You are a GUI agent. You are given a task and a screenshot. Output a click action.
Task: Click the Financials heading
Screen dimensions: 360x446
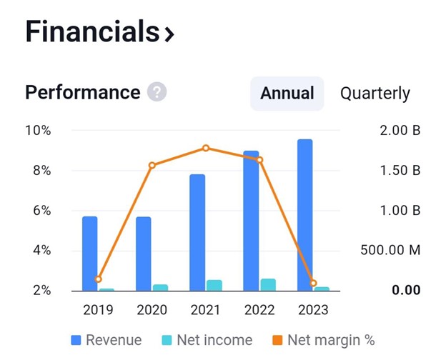pos(91,32)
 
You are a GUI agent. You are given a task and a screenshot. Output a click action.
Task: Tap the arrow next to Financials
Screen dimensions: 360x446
pos(169,34)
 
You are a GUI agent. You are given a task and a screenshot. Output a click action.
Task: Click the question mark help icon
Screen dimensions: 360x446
pos(157,93)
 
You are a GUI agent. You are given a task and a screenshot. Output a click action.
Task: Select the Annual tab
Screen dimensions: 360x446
pos(287,94)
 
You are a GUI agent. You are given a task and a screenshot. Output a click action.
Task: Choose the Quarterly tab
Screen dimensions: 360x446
pos(375,94)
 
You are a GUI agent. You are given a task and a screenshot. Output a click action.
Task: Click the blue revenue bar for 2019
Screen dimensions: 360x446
pos(89,254)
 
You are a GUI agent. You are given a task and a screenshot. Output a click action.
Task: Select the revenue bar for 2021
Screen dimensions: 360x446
pos(197,232)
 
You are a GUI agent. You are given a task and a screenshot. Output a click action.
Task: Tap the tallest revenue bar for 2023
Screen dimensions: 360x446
pos(304,214)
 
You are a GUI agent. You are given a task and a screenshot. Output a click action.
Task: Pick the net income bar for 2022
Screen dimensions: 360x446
pos(268,284)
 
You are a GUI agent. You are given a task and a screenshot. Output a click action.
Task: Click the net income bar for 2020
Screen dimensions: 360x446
pos(161,287)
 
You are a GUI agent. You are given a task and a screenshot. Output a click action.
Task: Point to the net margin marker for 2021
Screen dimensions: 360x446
pos(206,148)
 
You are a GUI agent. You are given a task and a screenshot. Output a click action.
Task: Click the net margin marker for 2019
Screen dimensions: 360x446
pos(98,279)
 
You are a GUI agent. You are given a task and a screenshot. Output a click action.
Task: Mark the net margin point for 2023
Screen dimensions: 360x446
pos(313,284)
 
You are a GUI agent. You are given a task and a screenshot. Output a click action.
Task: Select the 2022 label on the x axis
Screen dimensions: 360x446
pos(259,310)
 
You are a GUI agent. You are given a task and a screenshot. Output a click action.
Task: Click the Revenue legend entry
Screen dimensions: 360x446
pos(106,340)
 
